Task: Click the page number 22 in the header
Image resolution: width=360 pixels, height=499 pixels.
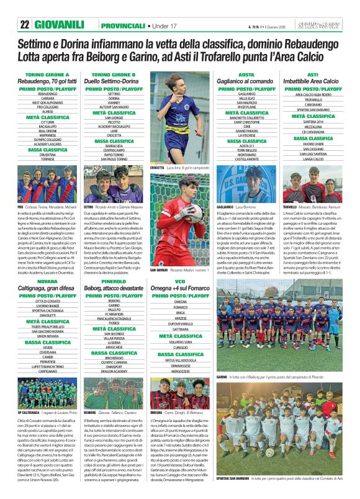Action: [x=24, y=24]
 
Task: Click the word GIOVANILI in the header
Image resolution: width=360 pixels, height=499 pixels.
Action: [x=60, y=24]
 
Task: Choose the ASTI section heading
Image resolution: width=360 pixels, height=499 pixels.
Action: [x=313, y=74]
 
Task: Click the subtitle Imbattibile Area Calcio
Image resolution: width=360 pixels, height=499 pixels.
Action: [x=313, y=81]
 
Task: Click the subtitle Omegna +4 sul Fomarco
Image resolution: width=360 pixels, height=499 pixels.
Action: [x=181, y=289]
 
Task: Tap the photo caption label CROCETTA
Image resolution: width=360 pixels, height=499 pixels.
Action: [x=158, y=168]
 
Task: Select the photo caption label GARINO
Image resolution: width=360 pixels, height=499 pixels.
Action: [x=222, y=377]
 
